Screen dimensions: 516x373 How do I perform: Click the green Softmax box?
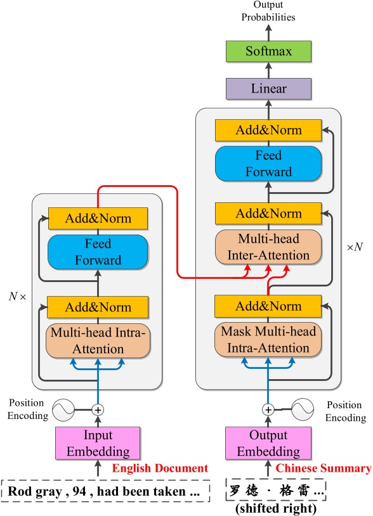268,51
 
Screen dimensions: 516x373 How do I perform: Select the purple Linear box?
268,88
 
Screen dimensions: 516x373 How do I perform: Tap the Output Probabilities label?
268,11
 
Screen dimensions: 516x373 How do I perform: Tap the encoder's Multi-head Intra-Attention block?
98,340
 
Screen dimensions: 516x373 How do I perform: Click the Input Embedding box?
98,444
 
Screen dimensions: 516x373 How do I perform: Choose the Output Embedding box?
268,444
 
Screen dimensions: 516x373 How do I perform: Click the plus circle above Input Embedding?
98,410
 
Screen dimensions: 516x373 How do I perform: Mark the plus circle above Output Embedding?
268,410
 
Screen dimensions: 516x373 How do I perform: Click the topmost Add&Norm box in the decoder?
268,131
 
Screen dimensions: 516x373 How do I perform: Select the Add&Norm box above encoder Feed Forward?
98,219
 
